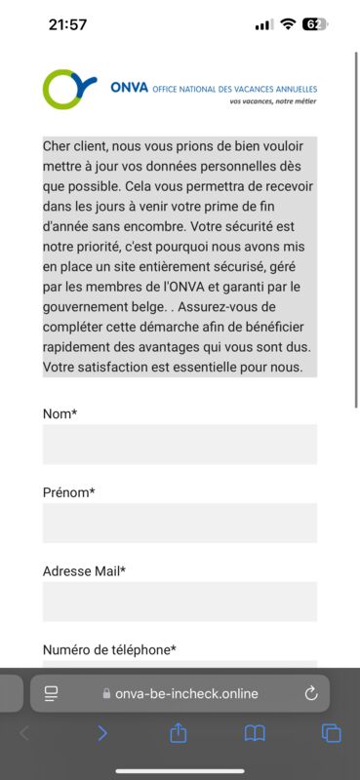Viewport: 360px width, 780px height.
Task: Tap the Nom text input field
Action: coord(180,444)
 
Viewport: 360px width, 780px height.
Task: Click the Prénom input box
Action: coord(180,523)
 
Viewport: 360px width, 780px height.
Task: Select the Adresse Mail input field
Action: coord(180,602)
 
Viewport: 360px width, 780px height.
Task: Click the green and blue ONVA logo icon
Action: coord(70,89)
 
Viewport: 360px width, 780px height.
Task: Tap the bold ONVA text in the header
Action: coord(130,87)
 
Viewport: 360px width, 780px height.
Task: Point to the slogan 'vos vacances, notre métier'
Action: coord(273,100)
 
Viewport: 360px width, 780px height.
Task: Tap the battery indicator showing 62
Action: coord(314,24)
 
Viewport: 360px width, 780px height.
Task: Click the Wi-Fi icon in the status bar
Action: coord(288,24)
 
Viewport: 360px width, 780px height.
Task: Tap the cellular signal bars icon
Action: coord(263,25)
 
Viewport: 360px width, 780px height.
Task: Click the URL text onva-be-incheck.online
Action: coord(185,693)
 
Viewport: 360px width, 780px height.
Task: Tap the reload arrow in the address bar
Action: coord(311,693)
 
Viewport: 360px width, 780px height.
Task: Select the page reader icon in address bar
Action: coord(52,693)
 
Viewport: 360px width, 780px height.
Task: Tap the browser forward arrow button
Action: coord(102,733)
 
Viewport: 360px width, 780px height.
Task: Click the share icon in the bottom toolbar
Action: coord(179,732)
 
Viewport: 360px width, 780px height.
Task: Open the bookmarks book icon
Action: coord(255,733)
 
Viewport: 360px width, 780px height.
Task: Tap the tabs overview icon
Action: coord(331,733)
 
